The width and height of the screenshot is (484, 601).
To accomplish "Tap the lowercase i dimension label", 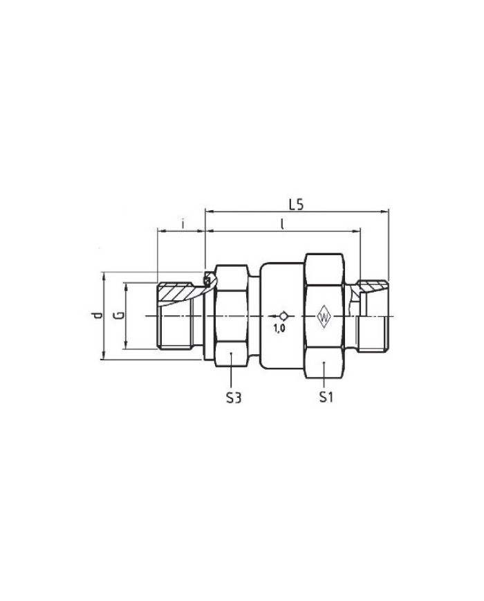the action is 183,223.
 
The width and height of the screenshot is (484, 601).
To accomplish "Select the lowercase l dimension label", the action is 282,224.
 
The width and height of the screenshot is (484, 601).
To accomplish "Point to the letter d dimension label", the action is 98,315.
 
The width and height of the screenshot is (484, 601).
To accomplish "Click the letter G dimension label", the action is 120,315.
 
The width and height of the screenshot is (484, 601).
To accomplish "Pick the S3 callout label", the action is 234,398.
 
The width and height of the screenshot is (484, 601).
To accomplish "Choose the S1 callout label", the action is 326,398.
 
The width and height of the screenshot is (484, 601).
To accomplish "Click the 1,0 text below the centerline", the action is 279,328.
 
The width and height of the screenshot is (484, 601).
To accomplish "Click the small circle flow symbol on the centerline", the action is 283,316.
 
